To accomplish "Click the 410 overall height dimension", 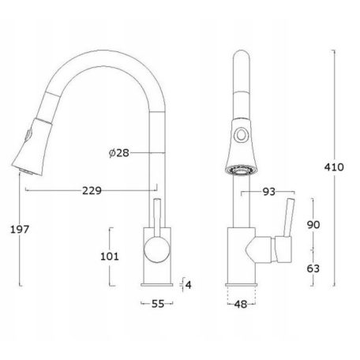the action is pyautogui.click(x=334, y=167).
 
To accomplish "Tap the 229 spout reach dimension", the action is pyautogui.click(x=92, y=191).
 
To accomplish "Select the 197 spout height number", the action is pyautogui.click(x=20, y=230).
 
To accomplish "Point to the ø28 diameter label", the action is pyautogui.click(x=119, y=152).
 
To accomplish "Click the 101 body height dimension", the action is pyautogui.click(x=110, y=257).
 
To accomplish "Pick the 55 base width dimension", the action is pyautogui.click(x=158, y=304).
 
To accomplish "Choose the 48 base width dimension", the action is pyautogui.click(x=241, y=305).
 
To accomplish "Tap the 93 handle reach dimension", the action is pyautogui.click(x=269, y=192).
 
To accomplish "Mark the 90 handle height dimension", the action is pyautogui.click(x=313, y=225).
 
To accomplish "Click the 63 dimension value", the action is pyautogui.click(x=313, y=268).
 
